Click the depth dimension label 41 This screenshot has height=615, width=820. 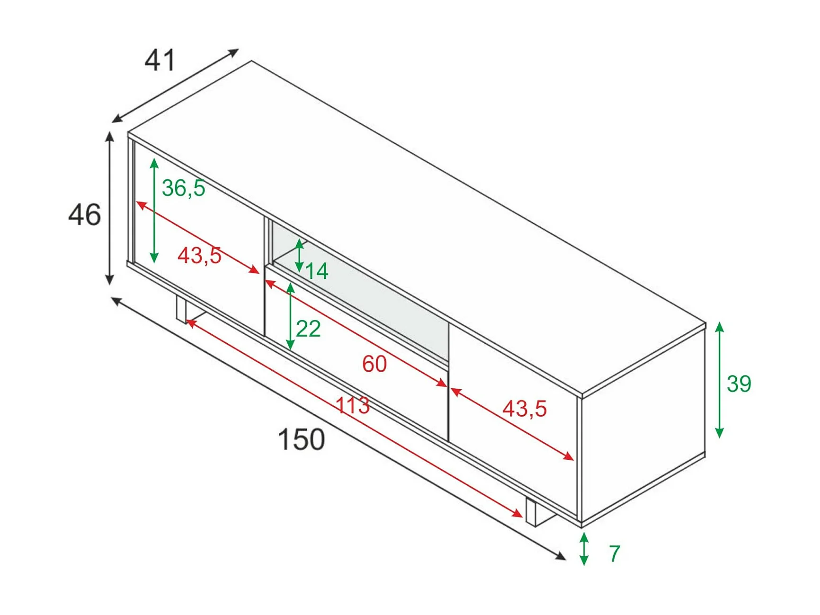(160, 60)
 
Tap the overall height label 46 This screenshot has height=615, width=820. (84, 214)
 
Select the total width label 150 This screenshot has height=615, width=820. (301, 439)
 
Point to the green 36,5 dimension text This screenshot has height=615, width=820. (184, 188)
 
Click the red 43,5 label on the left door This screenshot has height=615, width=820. (199, 256)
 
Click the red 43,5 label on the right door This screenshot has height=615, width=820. (525, 408)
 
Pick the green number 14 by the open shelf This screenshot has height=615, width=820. (317, 271)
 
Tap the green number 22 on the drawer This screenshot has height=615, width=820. (308, 329)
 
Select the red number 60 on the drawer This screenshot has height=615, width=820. (374, 364)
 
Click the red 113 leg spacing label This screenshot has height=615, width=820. (352, 406)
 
